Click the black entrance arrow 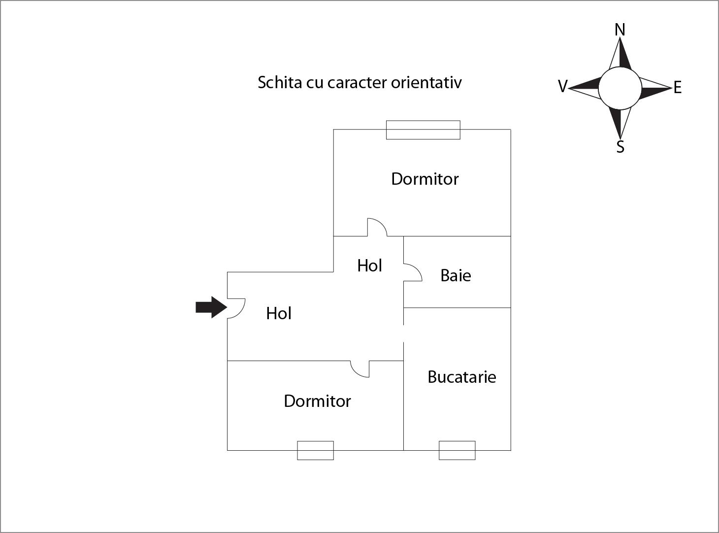pyautogui.click(x=211, y=307)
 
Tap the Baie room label pyautogui.click(x=456, y=275)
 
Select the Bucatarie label pyautogui.click(x=461, y=377)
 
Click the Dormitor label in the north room pyautogui.click(x=425, y=179)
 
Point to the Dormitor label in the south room pyautogui.click(x=317, y=401)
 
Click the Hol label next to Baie pyautogui.click(x=369, y=266)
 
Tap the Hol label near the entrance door pyautogui.click(x=278, y=313)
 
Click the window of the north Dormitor pyautogui.click(x=423, y=130)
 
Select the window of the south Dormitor pyautogui.click(x=315, y=450)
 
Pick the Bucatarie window pyautogui.click(x=457, y=450)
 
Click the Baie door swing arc pyautogui.click(x=413, y=272)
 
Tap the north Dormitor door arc pyautogui.click(x=377, y=227)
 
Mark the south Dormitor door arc pyautogui.click(x=360, y=369)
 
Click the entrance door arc pyautogui.click(x=236, y=308)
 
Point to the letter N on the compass pyautogui.click(x=620, y=30)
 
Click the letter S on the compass pyautogui.click(x=620, y=147)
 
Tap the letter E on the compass pyautogui.click(x=678, y=87)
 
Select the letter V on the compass pyautogui.click(x=563, y=86)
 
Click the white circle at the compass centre pyautogui.click(x=620, y=88)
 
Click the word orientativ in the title pyautogui.click(x=426, y=82)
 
